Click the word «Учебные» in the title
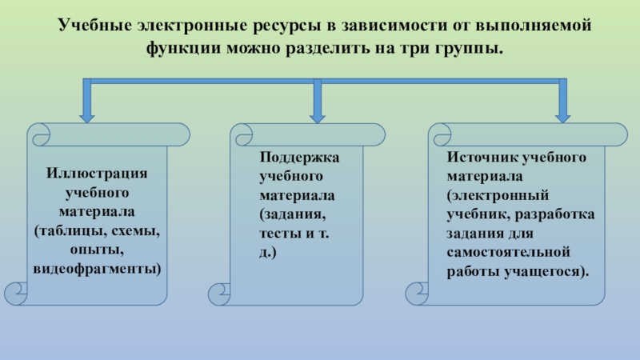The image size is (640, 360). pyautogui.click(x=90, y=25)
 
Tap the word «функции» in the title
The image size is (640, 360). pyautogui.click(x=178, y=48)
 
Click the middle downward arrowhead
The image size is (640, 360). pyautogui.click(x=318, y=115)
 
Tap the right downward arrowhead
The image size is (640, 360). pyautogui.click(x=563, y=115)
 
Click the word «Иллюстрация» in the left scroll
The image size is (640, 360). pyautogui.click(x=97, y=174)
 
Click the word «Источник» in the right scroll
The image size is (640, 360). pyautogui.click(x=478, y=157)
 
